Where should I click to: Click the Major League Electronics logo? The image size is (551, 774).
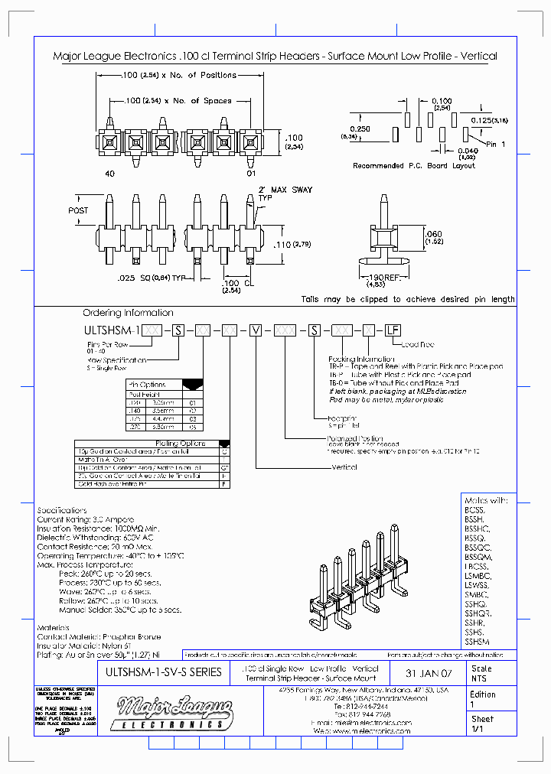tap(171, 714)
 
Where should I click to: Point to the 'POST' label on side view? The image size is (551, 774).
tap(78, 210)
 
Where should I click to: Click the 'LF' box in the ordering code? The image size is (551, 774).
tap(392, 330)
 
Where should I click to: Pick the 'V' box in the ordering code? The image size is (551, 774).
tap(256, 330)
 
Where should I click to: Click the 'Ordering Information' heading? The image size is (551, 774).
tap(128, 313)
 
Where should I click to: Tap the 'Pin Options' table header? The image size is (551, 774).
tap(148, 385)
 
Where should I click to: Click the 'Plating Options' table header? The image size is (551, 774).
tap(181, 443)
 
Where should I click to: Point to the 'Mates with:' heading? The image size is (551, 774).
tap(486, 500)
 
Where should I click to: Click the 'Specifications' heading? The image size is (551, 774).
tap(62, 510)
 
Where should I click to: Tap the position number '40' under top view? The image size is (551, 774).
tap(109, 174)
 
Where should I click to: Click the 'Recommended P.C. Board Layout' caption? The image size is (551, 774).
tap(413, 166)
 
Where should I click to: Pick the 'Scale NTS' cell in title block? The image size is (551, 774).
tap(481, 673)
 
